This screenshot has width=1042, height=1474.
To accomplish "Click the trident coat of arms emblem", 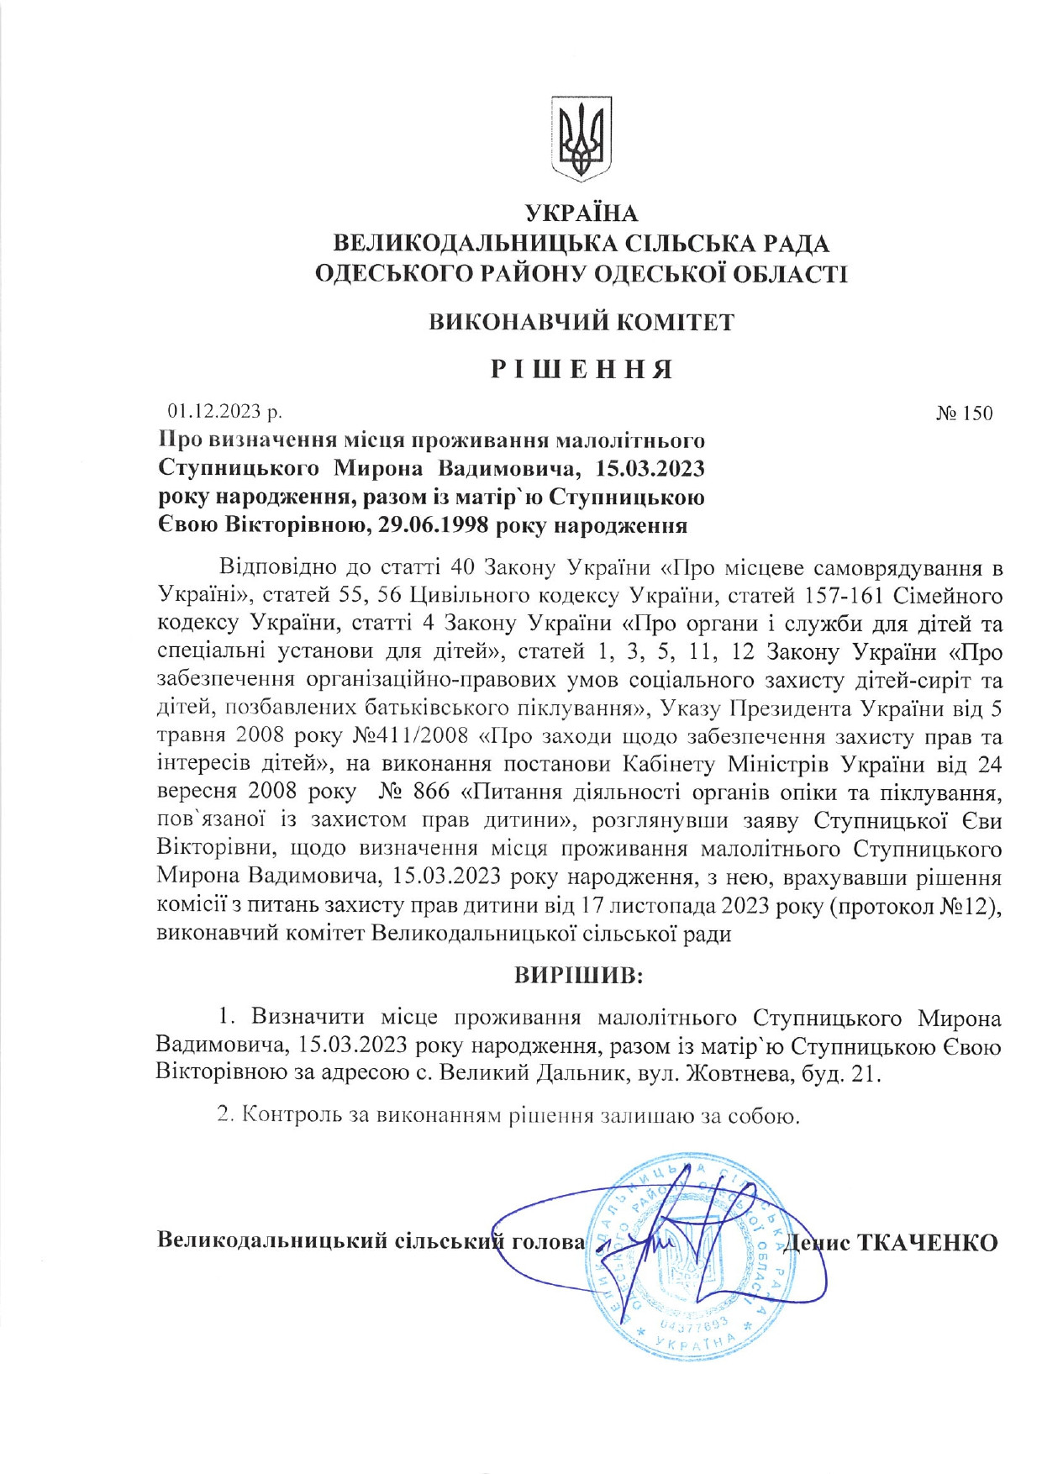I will click(581, 139).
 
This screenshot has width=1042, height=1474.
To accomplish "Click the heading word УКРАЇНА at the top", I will click(581, 214).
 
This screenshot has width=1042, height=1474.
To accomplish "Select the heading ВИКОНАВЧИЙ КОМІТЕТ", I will click(582, 323).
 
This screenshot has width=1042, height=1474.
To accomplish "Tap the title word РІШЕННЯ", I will click(582, 369).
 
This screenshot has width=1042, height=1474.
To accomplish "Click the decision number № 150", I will click(964, 413).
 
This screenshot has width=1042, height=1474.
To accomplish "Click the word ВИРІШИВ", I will click(579, 976).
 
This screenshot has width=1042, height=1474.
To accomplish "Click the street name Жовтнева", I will click(724, 1074).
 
